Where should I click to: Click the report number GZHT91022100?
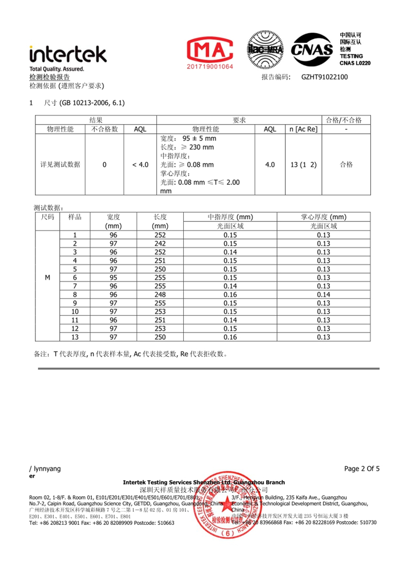tap(325, 77)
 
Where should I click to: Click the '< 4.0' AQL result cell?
tap(140, 165)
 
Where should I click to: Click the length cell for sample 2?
tap(160, 243)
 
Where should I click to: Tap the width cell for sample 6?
tap(113, 278)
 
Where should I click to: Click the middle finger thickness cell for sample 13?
tap(230, 337)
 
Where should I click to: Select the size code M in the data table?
tap(47, 278)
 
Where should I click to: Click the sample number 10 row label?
tap(75, 312)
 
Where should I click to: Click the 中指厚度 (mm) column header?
tap(230, 217)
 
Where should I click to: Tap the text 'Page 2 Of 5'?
tap(362, 469)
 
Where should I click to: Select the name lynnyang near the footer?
tap(47, 469)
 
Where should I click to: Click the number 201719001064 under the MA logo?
tap(211, 67)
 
